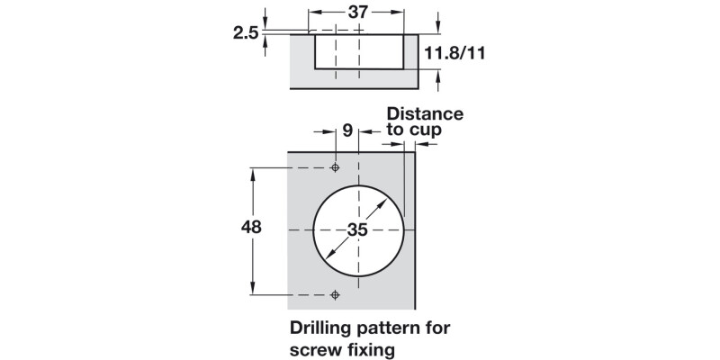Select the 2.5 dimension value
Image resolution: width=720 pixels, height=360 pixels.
246,33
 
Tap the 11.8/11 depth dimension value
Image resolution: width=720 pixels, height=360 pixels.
455,53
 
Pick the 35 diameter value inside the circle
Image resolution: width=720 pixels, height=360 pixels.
357,230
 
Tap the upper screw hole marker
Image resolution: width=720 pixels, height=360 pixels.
336,167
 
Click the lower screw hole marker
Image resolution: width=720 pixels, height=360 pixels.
336,293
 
